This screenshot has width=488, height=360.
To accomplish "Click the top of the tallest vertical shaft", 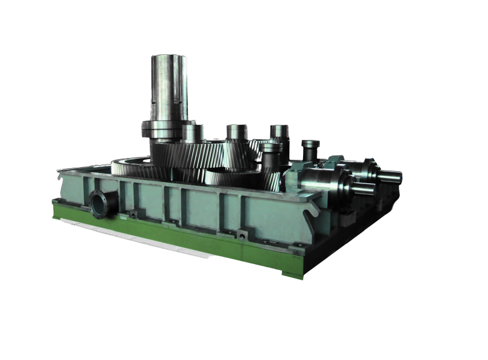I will coord(169,57).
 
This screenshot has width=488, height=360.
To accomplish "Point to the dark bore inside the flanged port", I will coord(98,204).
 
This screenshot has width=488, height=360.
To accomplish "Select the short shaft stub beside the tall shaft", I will coord(193,133).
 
